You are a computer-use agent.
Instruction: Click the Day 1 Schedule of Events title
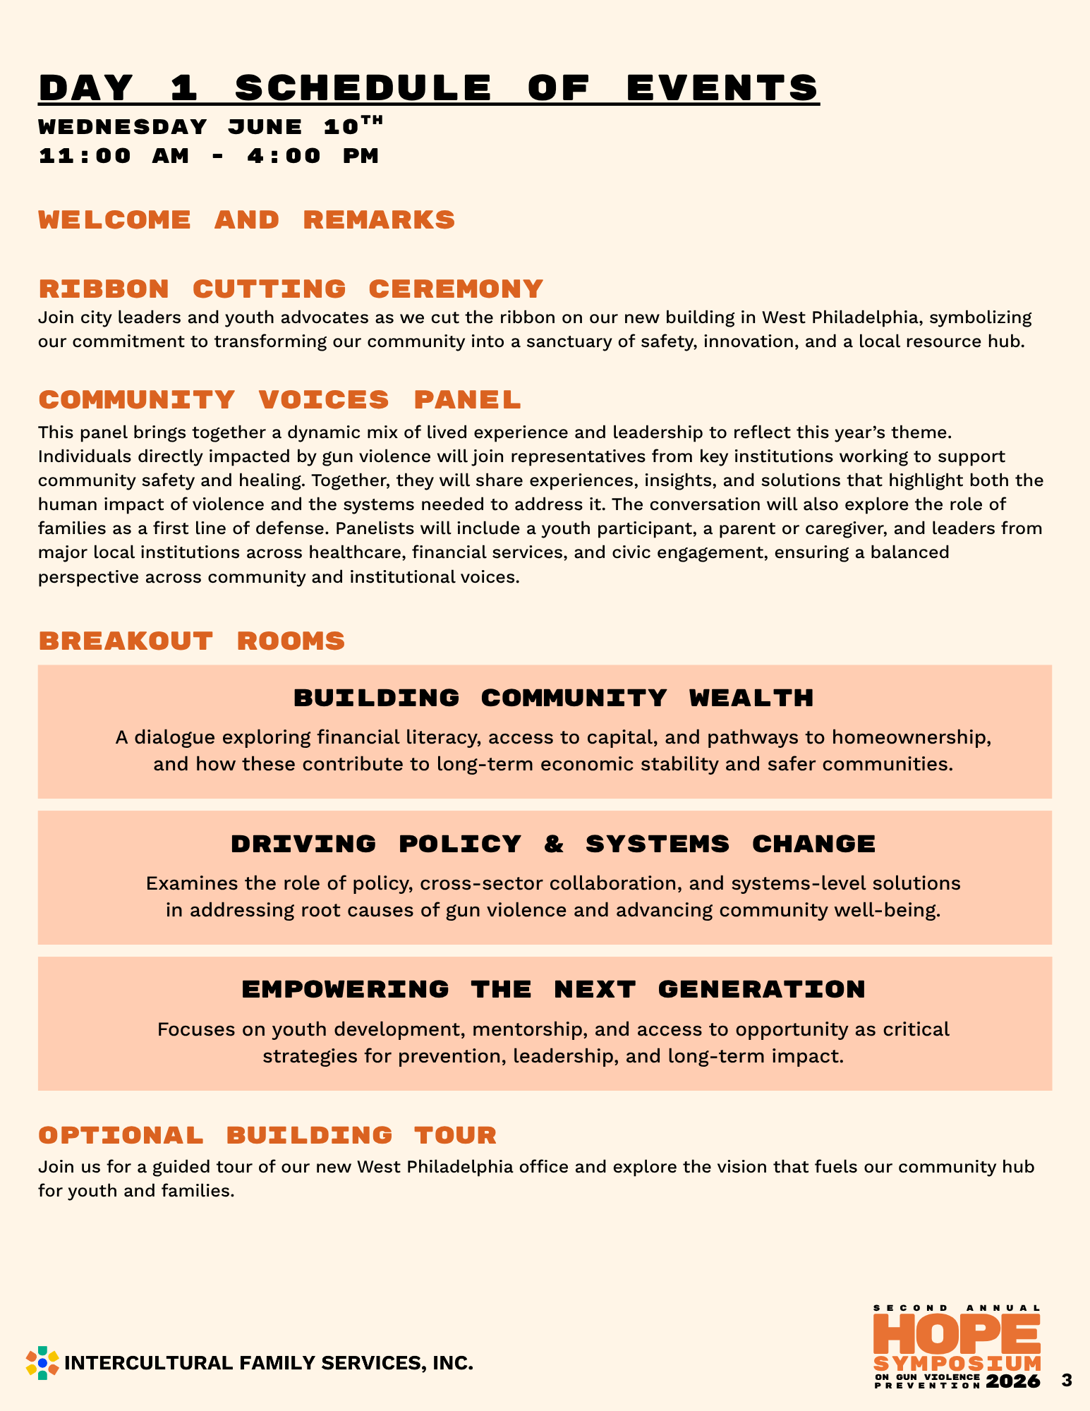pyautogui.click(x=429, y=87)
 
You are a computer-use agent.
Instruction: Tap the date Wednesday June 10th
pyautogui.click(x=210, y=126)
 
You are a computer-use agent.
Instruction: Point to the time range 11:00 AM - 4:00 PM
pyautogui.click(x=209, y=155)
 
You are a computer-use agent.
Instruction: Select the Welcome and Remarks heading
pyautogui.click(x=247, y=219)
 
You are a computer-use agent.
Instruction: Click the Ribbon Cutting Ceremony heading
pyautogui.click(x=291, y=289)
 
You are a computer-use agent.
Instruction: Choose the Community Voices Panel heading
pyautogui.click(x=279, y=399)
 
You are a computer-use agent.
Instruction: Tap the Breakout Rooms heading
pyautogui.click(x=192, y=641)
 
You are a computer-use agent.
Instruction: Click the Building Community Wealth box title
pyautogui.click(x=553, y=698)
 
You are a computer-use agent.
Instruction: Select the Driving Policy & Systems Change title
pyautogui.click(x=553, y=844)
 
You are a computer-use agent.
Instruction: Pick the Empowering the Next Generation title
pyautogui.click(x=553, y=989)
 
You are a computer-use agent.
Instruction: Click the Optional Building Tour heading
pyautogui.click(x=267, y=1135)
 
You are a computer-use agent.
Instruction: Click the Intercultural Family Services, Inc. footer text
pyautogui.click(x=268, y=1363)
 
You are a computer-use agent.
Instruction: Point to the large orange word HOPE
pyautogui.click(x=957, y=1332)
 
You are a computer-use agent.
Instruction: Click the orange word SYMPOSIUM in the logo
pyautogui.click(x=957, y=1363)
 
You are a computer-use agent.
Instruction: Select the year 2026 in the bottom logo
pyautogui.click(x=1013, y=1381)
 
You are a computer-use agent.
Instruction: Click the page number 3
pyautogui.click(x=1066, y=1381)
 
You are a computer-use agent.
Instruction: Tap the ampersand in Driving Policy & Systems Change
pyautogui.click(x=554, y=844)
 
